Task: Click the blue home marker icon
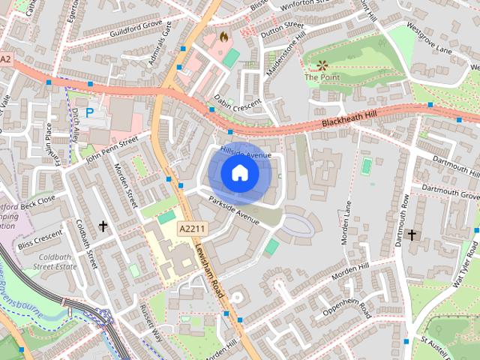(240, 173)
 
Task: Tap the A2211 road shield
(193, 227)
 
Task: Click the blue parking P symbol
(89, 113)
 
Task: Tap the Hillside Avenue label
(245, 153)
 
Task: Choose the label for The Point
(321, 76)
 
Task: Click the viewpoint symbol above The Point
(322, 66)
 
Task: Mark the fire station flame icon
(223, 35)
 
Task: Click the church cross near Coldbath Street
(103, 225)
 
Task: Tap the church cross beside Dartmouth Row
(412, 235)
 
